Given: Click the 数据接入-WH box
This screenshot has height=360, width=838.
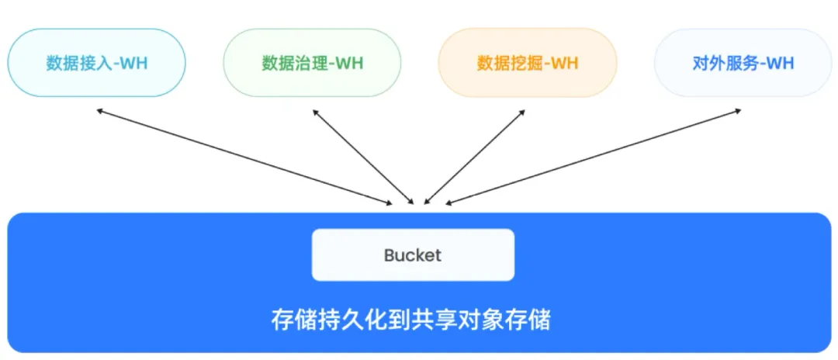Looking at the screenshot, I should click(96, 63).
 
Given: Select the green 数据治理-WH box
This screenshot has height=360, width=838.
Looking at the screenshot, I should click(312, 63).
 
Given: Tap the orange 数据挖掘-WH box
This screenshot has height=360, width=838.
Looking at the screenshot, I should click(528, 63).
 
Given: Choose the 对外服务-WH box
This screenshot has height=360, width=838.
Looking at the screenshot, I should click(743, 63).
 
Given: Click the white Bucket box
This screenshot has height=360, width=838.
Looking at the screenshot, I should click(413, 254).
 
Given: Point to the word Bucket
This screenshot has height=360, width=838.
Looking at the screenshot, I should click(413, 255).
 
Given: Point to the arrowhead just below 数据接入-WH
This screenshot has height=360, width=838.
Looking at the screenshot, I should click(100, 111).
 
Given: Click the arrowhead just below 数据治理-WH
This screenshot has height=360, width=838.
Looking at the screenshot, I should click(314, 112).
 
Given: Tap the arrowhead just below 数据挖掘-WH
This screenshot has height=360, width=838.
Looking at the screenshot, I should click(524, 112).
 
